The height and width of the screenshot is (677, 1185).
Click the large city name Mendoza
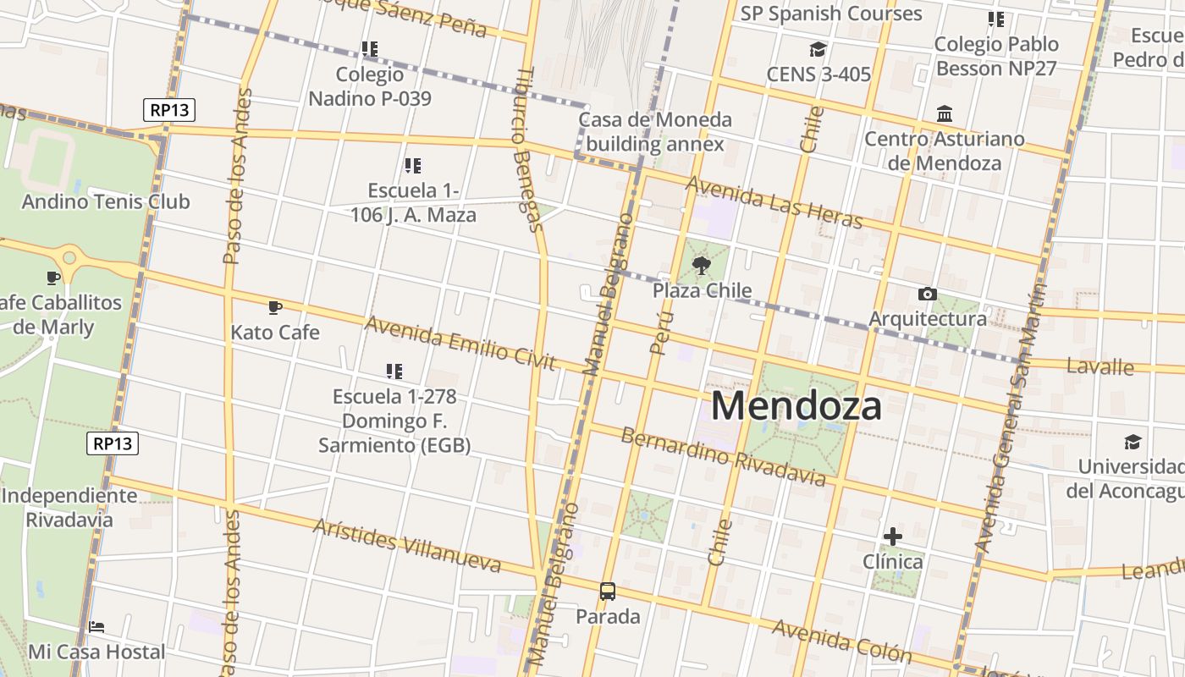click(x=796, y=406)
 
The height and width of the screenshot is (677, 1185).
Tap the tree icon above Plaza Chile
click(x=701, y=267)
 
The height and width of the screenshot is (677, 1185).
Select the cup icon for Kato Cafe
click(x=274, y=307)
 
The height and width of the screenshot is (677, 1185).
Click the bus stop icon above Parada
click(x=608, y=592)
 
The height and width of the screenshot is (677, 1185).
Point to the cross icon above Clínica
click(x=892, y=537)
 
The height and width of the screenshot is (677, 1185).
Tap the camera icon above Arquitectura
click(x=928, y=294)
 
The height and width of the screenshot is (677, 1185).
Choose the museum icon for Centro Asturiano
click(x=945, y=113)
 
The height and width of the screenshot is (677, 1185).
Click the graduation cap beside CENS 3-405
click(x=818, y=49)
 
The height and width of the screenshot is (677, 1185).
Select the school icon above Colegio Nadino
click(x=369, y=49)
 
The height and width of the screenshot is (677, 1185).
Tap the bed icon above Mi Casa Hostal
click(x=96, y=627)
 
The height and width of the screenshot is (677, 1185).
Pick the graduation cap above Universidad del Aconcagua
click(x=1133, y=442)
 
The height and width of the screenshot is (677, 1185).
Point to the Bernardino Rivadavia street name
click(x=723, y=457)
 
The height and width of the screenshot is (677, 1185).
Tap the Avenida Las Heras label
click(x=774, y=202)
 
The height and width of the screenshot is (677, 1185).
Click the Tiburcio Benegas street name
click(x=526, y=149)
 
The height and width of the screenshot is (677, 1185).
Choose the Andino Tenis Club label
click(x=106, y=201)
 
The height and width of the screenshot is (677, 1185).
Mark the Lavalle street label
click(x=1100, y=366)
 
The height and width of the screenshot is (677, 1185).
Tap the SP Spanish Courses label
click(x=831, y=14)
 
